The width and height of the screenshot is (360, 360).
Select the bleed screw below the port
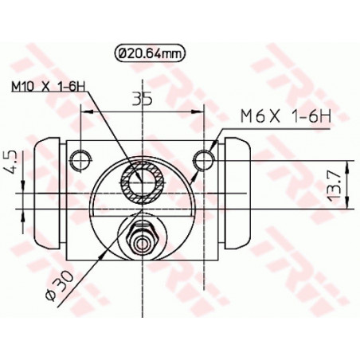(143, 238)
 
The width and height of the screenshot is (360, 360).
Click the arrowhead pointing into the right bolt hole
(212, 153)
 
